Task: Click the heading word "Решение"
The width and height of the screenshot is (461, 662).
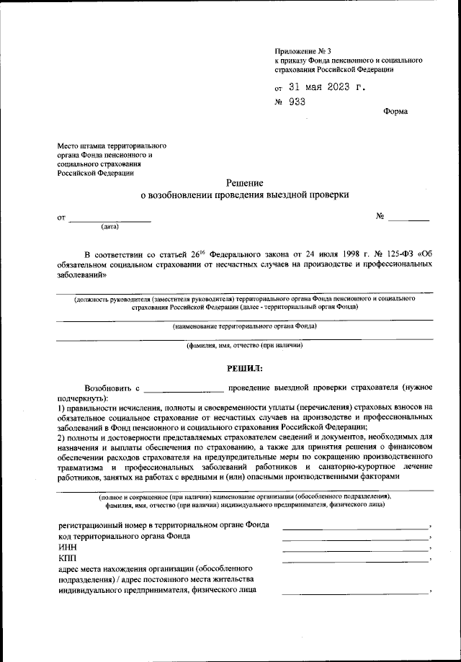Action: click(x=244, y=183)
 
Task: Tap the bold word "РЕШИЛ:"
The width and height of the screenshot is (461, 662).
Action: click(x=244, y=367)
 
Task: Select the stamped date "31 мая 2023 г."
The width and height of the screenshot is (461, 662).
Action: click(x=326, y=87)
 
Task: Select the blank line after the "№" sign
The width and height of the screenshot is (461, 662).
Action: click(x=409, y=218)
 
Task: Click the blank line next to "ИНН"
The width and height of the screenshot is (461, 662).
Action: click(x=356, y=550)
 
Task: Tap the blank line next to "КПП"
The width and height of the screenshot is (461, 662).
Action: click(x=356, y=560)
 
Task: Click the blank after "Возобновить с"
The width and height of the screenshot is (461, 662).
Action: click(x=184, y=390)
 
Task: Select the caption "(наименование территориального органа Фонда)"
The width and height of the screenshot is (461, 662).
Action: click(x=244, y=326)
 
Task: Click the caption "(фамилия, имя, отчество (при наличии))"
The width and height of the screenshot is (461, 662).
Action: click(x=244, y=346)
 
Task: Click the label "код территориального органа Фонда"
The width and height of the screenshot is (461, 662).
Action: click(x=124, y=536)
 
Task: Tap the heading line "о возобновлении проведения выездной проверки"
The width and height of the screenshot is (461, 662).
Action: click(x=244, y=195)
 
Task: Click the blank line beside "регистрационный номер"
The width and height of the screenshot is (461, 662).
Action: click(x=356, y=527)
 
